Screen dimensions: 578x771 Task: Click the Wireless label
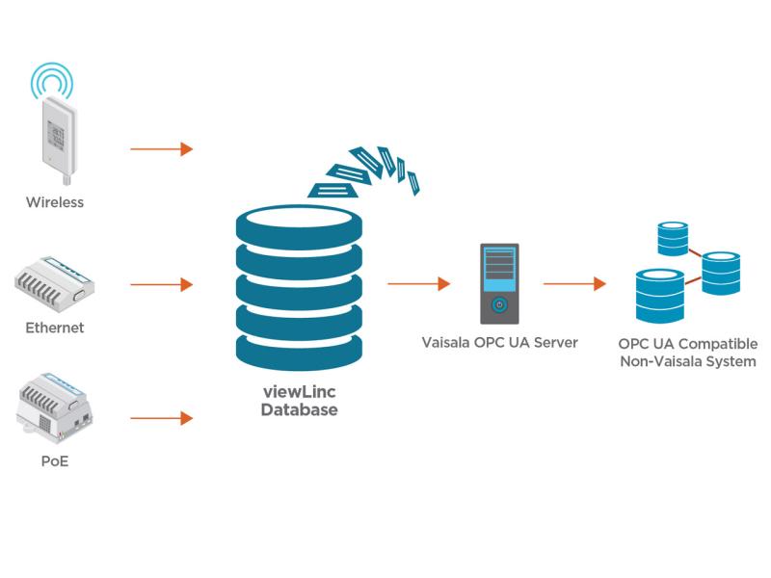point(55,202)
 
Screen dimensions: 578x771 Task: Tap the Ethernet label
point(55,328)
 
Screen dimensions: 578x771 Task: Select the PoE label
point(55,461)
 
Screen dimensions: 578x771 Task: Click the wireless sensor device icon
point(55,135)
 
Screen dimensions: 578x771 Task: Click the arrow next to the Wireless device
point(162,149)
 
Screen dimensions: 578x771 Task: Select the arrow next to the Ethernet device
point(162,285)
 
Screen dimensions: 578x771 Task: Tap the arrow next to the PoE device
point(162,418)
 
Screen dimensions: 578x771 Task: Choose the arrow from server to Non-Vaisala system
point(574,284)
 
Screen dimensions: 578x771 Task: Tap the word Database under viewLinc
point(299,409)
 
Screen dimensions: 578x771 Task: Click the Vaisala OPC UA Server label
point(499,342)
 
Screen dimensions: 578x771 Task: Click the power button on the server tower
point(499,305)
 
